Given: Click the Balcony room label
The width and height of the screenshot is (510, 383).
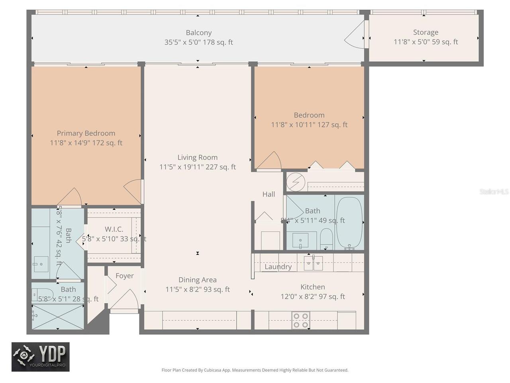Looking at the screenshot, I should click(x=198, y=33).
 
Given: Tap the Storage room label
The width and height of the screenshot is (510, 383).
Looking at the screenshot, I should click(x=426, y=33).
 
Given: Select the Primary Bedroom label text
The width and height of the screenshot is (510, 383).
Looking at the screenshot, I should click(x=86, y=133).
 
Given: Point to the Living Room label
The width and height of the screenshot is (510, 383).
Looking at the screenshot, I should click(x=197, y=158).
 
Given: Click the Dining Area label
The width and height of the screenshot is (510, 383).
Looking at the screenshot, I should click(x=197, y=280).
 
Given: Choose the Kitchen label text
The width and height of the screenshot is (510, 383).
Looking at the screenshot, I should click(x=312, y=287).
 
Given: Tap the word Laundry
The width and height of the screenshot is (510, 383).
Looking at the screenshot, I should click(x=278, y=267).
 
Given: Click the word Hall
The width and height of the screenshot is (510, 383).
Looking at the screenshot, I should click(x=269, y=194).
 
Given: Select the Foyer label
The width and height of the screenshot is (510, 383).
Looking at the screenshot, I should click(x=124, y=276).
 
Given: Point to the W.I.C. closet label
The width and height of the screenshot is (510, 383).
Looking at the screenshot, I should click(x=114, y=229).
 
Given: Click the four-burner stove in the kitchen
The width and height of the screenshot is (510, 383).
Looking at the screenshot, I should click(x=301, y=320).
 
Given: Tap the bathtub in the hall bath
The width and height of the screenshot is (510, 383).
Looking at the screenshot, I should click(x=349, y=223).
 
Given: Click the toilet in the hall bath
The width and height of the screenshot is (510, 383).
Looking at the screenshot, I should click(x=326, y=238).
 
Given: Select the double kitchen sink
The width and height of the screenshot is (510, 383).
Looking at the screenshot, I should click(x=313, y=263).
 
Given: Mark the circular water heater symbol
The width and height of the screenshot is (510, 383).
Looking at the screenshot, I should click(x=296, y=182).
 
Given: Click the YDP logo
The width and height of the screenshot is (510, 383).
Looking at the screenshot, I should click(x=41, y=357).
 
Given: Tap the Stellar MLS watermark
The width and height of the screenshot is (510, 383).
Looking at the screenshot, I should click(x=494, y=192).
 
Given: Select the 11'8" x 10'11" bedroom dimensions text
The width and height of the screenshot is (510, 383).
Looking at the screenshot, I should click(x=309, y=125).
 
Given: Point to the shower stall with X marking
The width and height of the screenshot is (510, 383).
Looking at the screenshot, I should click(x=57, y=317).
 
